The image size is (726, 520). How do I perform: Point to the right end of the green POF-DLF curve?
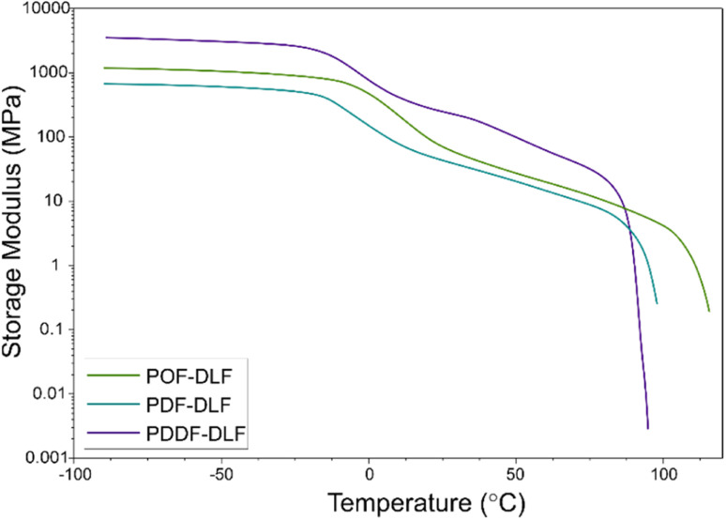click(709, 311)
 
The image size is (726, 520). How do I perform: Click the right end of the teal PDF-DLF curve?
click(657, 303)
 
